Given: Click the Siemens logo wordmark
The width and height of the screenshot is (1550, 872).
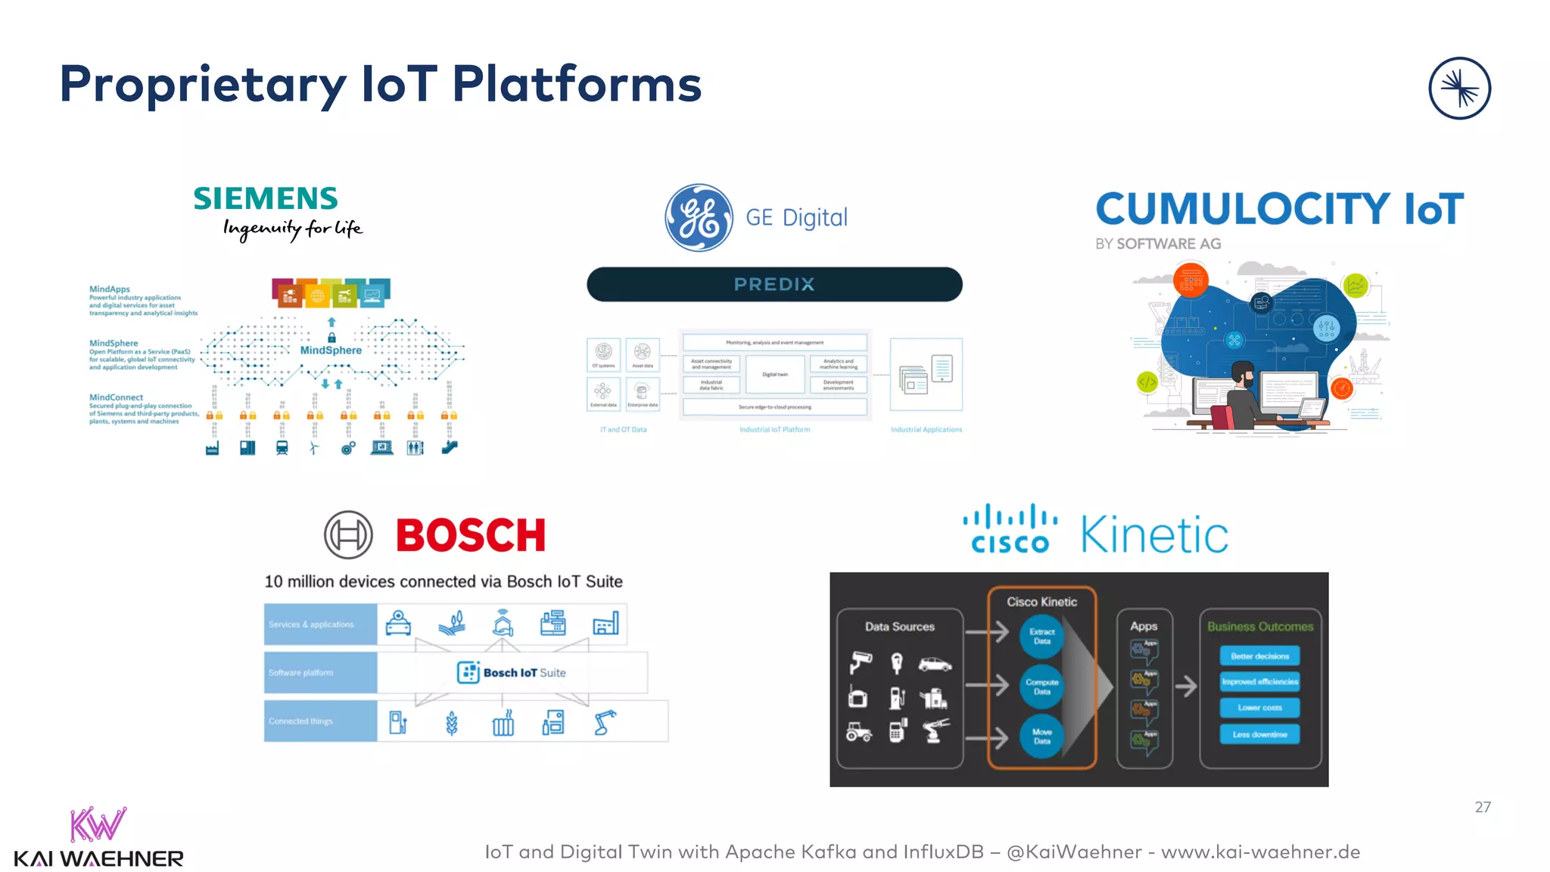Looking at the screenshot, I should pyautogui.click(x=266, y=199).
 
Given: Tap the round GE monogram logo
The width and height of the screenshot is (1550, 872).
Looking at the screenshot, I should pyautogui.click(x=699, y=218).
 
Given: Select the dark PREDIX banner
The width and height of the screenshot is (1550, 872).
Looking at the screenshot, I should pyautogui.click(x=774, y=285).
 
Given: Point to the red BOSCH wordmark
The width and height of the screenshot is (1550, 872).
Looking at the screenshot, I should pyautogui.click(x=471, y=535).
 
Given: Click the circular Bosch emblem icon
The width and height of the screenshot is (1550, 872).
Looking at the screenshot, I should pyautogui.click(x=348, y=535).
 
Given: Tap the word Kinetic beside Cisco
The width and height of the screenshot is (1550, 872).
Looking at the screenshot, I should pyautogui.click(x=1154, y=535).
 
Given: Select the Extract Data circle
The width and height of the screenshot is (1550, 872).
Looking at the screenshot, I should pyautogui.click(x=1042, y=637).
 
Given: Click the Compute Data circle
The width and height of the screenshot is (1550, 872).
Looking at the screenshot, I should pyautogui.click(x=1042, y=687).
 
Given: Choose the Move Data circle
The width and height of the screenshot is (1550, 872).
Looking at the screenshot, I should pyautogui.click(x=1042, y=737).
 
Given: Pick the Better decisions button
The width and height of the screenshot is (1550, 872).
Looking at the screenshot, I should pyautogui.click(x=1259, y=656).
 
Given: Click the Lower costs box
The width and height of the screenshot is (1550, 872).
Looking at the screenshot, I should pyautogui.click(x=1259, y=708).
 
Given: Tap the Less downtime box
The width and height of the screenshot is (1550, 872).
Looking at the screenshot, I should pyautogui.click(x=1259, y=734).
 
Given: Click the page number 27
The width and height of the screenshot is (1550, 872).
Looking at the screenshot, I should pyautogui.click(x=1483, y=808).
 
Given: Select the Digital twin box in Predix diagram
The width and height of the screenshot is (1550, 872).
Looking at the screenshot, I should pyautogui.click(x=775, y=375).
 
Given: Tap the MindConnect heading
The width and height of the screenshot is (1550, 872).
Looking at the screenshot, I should pyautogui.click(x=116, y=397).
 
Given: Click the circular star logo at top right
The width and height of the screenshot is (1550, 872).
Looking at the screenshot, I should pyautogui.click(x=1459, y=89).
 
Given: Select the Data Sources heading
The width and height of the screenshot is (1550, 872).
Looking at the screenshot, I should pyautogui.click(x=900, y=627).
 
